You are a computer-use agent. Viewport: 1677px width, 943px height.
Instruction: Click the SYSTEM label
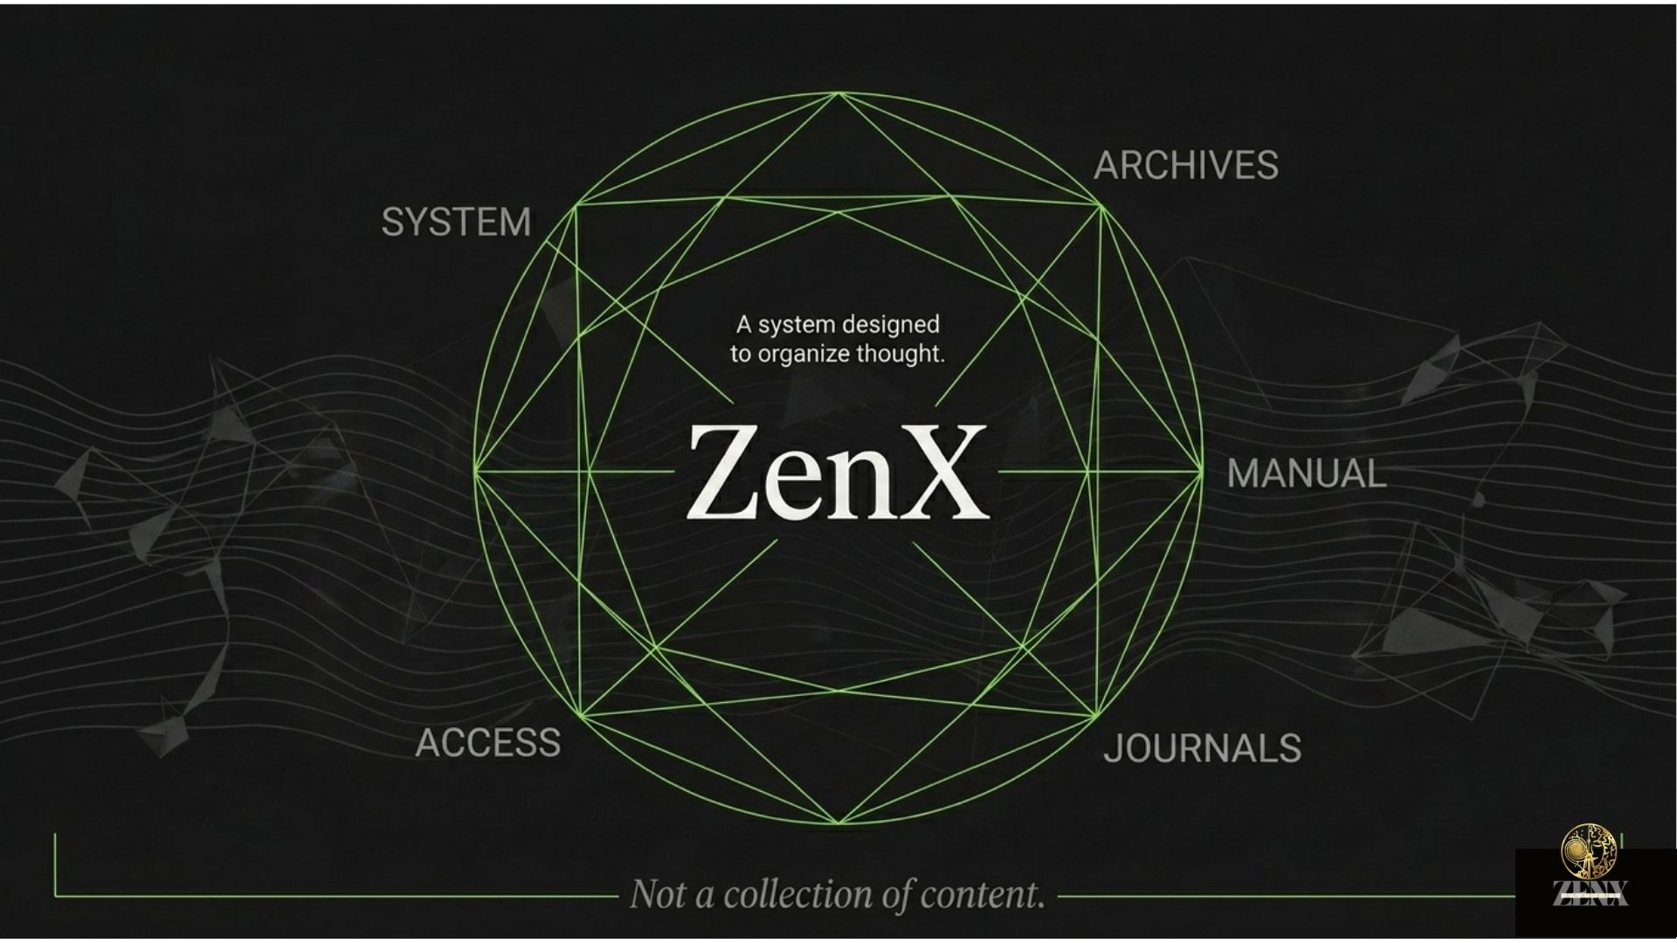pos(456,223)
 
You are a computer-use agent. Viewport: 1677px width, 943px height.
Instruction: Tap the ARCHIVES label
pos(1186,166)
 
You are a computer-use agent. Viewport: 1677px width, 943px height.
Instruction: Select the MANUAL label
pos(1307,474)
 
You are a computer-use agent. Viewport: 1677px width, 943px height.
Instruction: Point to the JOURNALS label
pos(1203,748)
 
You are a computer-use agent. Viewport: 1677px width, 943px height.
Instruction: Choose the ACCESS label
pos(488,743)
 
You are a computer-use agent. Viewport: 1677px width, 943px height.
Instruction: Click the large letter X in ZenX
pos(935,472)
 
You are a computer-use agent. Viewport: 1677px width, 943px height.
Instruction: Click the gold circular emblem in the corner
pos(1589,850)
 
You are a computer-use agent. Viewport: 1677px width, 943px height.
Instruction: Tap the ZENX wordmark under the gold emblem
pos(1590,892)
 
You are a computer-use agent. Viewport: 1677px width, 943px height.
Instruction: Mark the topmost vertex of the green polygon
pos(838,93)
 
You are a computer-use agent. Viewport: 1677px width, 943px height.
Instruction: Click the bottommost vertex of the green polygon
pos(838,823)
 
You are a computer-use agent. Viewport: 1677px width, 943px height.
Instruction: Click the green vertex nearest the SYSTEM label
pos(576,205)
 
